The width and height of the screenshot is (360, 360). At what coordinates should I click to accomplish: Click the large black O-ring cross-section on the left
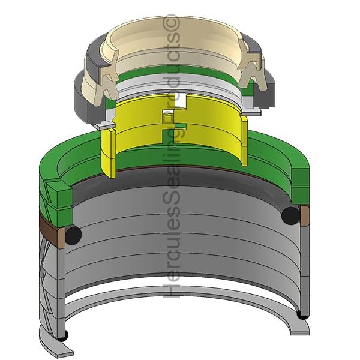73,235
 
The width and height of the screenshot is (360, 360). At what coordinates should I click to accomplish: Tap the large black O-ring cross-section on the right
290,215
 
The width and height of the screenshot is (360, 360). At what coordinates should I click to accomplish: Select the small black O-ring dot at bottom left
62,335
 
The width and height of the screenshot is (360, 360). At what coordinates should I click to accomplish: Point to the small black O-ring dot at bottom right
303,315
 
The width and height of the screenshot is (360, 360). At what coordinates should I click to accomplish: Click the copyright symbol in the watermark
171,22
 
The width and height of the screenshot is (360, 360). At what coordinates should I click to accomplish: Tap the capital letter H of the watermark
172,289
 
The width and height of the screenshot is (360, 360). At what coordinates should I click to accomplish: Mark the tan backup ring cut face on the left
61,238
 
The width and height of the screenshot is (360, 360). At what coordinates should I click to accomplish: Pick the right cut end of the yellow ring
244,140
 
